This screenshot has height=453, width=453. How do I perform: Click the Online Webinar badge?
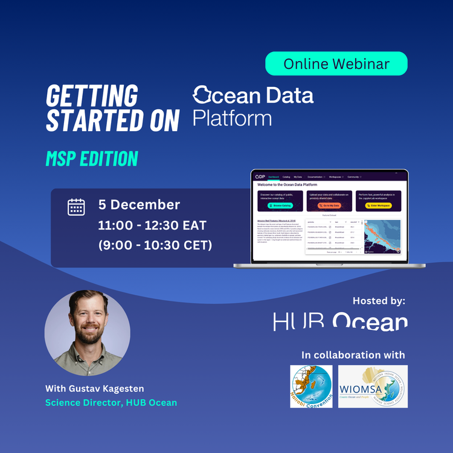(x=336, y=63)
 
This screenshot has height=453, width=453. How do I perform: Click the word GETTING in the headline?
(x=92, y=96)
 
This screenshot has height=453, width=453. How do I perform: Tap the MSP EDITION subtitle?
(x=92, y=158)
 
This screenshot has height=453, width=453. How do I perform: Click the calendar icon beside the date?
(x=76, y=207)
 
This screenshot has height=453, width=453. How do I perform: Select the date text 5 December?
(x=139, y=205)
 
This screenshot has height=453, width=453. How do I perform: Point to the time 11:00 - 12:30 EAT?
(x=152, y=226)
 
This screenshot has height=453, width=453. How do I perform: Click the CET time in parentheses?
(x=155, y=246)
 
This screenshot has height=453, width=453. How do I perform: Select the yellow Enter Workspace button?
(x=379, y=206)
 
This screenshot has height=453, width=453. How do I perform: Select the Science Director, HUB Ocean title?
(x=111, y=402)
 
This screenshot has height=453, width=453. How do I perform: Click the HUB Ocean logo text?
(x=340, y=321)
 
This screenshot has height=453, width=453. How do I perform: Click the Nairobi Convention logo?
(x=310, y=386)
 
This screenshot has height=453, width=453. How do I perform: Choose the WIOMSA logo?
(x=373, y=386)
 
